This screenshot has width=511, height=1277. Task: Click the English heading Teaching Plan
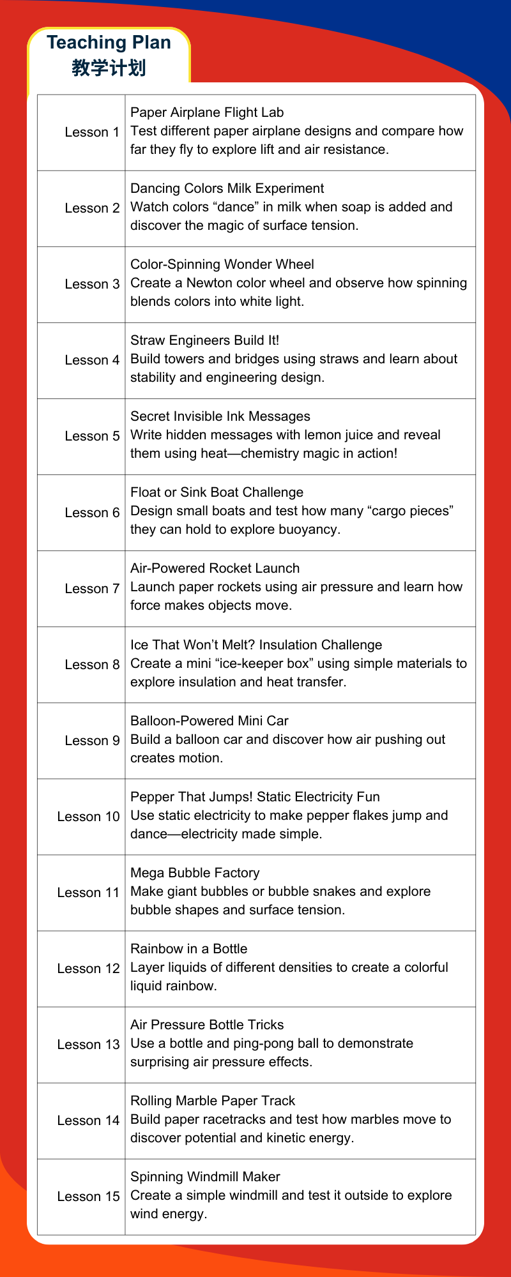[109, 43]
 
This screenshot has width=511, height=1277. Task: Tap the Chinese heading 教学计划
[109, 68]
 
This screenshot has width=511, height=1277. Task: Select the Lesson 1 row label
[92, 132]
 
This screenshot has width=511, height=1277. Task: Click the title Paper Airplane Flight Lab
[207, 112]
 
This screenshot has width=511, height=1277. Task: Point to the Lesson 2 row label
[92, 208]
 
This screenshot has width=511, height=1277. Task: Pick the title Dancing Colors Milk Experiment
[227, 188]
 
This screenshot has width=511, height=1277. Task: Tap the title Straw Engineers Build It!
[204, 340]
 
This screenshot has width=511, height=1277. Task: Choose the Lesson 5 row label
[92, 436]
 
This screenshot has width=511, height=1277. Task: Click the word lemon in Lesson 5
[288, 435]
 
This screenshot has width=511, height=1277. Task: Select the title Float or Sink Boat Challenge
[217, 492]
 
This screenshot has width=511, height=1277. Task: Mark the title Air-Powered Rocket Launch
[215, 568]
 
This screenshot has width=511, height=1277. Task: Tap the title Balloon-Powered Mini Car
[210, 721]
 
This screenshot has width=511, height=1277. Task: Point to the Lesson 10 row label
[88, 817]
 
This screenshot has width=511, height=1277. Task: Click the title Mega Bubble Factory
[195, 873]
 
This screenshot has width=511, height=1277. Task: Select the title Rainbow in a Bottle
[188, 949]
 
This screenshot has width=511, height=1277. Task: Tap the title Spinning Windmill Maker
[205, 1177]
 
